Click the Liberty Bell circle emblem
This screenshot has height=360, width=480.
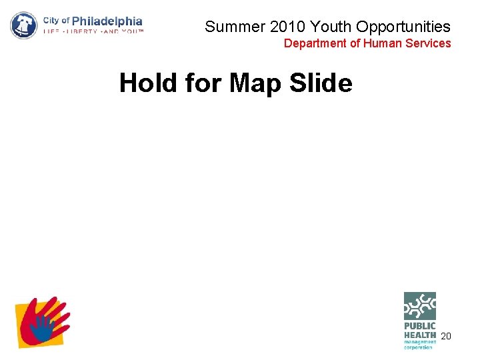tap(24, 25)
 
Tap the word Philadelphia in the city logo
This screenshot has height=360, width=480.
tap(107, 21)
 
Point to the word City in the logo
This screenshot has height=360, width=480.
tap(51, 20)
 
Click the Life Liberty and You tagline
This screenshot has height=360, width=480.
tap(93, 31)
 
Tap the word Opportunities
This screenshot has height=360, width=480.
tap(404, 27)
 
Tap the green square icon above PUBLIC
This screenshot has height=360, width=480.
tap(419, 306)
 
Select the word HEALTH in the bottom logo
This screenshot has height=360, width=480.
tap(419, 334)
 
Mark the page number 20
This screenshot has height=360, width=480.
tap(446, 336)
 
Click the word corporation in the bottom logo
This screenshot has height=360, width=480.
tap(418, 347)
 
